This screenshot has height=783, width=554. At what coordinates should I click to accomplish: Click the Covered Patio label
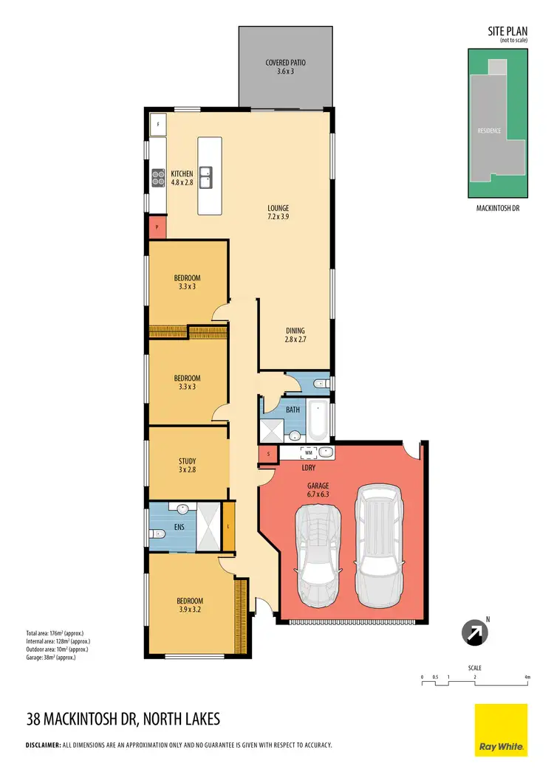[286, 67]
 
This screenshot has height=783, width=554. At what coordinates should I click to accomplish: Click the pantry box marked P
[157, 228]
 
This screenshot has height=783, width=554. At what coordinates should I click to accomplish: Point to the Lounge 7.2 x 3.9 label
[278, 213]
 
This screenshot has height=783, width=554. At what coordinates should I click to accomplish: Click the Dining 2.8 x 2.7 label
[295, 335]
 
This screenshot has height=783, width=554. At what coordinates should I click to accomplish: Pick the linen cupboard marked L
[228, 526]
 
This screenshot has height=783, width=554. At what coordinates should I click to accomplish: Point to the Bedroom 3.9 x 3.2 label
[189, 605]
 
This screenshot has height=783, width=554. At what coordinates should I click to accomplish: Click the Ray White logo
[501, 729]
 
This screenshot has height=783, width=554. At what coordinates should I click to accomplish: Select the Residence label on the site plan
[489, 131]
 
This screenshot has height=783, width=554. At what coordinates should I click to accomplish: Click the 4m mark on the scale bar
[527, 676]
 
